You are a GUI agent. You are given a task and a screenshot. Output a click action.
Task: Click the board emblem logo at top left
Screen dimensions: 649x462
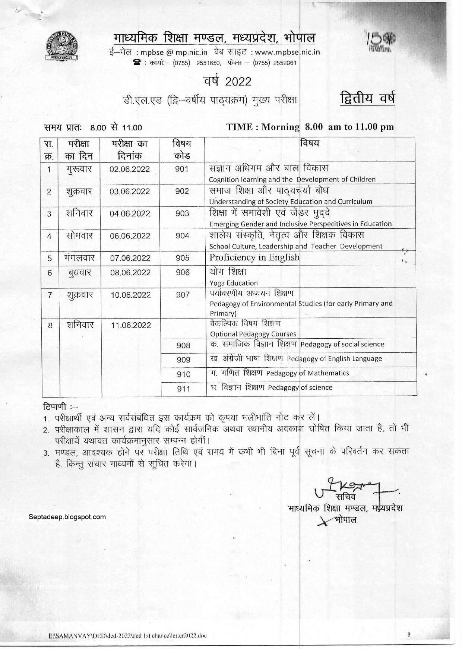click(x=62, y=46)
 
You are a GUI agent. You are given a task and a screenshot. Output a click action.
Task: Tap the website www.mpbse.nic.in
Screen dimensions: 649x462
click(x=287, y=52)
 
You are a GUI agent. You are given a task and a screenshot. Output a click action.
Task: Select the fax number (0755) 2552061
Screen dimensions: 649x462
click(x=275, y=63)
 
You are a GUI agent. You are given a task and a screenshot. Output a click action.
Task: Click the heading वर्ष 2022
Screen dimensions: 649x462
click(x=227, y=81)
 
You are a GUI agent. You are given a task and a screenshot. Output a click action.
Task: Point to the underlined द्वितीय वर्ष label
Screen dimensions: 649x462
click(x=367, y=98)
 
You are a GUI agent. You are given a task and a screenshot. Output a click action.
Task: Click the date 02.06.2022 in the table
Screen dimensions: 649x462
click(x=129, y=169)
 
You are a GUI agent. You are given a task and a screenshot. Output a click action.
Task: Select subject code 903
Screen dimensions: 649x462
click(x=182, y=213)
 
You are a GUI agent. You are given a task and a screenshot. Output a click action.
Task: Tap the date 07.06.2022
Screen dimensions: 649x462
click(x=130, y=258)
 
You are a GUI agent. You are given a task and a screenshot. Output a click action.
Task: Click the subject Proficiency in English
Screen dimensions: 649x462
click(x=254, y=257)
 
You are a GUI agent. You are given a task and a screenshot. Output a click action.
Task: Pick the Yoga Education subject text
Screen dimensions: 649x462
click(x=234, y=283)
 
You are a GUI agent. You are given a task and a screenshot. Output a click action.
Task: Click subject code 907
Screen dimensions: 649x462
click(x=183, y=295)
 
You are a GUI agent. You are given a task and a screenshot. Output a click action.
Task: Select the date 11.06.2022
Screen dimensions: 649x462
click(x=131, y=325)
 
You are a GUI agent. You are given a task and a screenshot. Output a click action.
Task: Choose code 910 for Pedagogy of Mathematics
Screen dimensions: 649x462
click(x=183, y=374)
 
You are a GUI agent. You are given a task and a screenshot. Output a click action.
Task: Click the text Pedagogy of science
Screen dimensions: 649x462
click(x=300, y=387)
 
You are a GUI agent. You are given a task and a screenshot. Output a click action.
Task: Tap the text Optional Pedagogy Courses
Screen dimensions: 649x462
click(x=253, y=334)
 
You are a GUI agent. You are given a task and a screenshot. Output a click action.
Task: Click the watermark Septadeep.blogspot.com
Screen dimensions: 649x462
click(x=67, y=517)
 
